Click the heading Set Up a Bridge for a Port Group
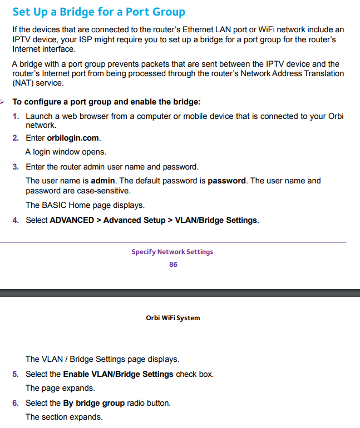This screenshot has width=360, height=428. click(98, 12)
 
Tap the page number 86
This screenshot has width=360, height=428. click(173, 265)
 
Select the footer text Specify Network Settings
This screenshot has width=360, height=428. click(172, 252)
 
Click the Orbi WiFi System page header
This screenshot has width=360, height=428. click(172, 318)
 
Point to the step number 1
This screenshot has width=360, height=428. click(16, 116)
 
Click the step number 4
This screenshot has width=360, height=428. click(16, 220)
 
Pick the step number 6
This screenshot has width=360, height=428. click(16, 403)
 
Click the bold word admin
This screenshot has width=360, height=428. click(103, 181)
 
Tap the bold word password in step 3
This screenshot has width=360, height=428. click(226, 181)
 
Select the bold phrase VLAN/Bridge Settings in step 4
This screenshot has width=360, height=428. click(216, 220)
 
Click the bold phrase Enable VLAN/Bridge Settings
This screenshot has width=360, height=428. click(118, 374)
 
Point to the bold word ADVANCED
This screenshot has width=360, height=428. click(72, 220)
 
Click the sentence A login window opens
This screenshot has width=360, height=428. click(66, 152)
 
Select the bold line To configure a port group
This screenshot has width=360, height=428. click(106, 102)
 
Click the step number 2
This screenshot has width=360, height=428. click(16, 138)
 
